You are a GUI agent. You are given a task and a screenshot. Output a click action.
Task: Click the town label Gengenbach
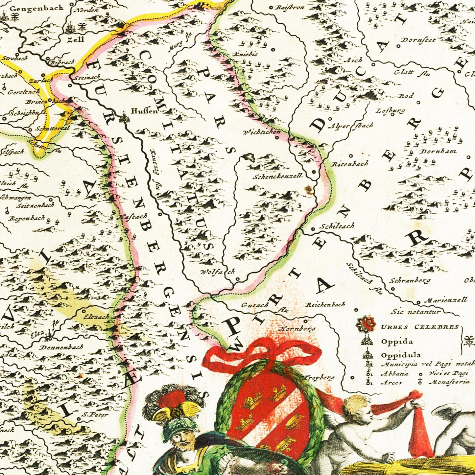(x=36, y=8)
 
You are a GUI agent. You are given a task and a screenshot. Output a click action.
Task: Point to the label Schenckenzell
(x=277, y=176)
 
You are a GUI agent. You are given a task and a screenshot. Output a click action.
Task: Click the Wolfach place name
(x=218, y=272)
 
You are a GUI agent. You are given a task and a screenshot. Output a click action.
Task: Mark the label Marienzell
(x=445, y=300)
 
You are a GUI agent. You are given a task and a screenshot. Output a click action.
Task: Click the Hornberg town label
(x=297, y=328)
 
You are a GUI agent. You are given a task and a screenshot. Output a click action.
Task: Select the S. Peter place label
(x=95, y=415)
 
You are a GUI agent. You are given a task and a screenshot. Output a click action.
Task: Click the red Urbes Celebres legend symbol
(x=366, y=325)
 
